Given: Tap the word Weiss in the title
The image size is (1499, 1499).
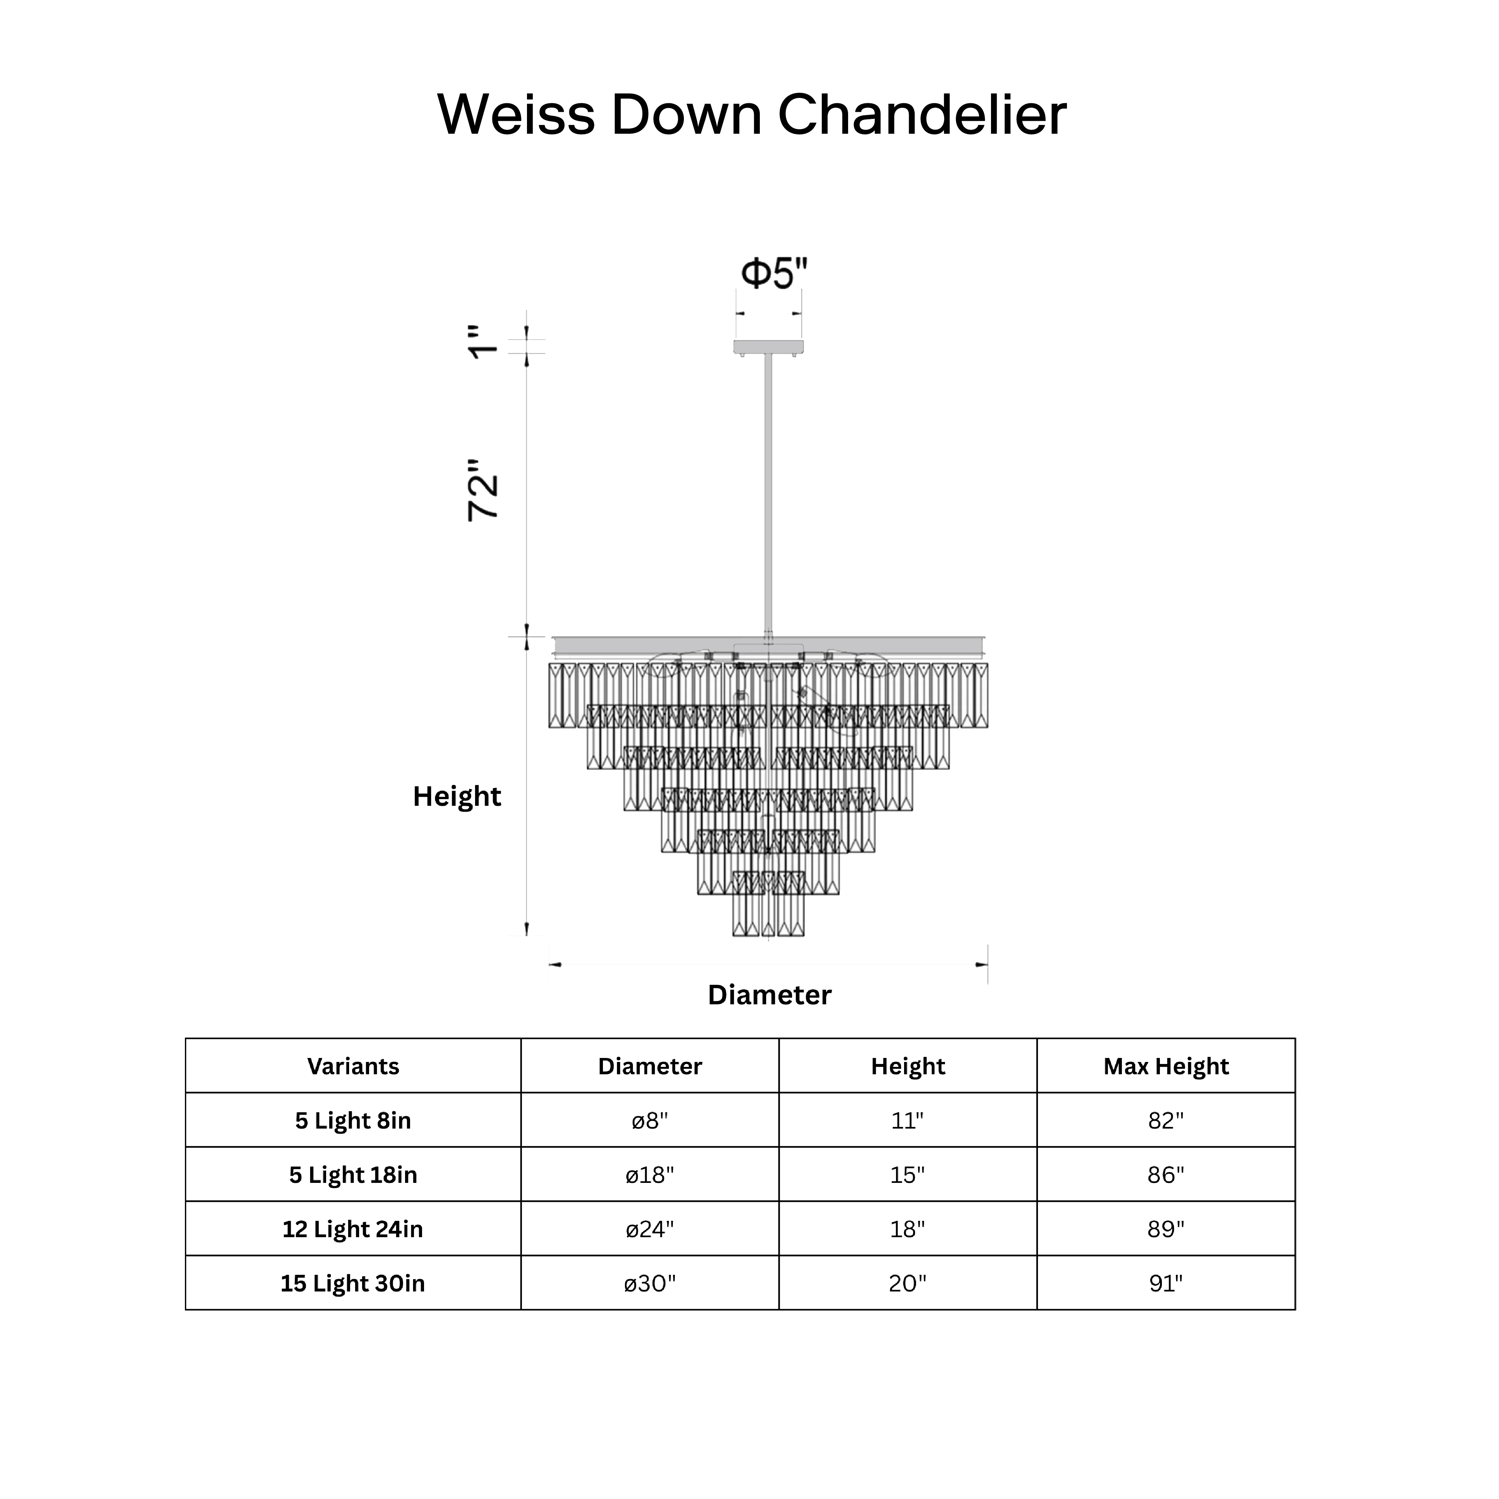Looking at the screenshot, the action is coord(517,115).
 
